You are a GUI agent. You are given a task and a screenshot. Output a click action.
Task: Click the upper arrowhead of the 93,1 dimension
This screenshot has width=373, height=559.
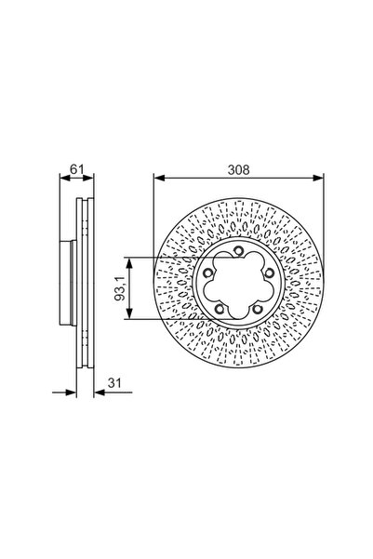(x=130, y=260)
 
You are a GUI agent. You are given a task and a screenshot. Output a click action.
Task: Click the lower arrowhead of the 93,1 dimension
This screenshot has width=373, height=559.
(x=130, y=317)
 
